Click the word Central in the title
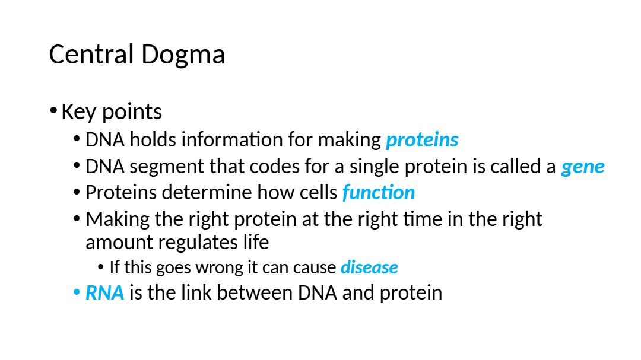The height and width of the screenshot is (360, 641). (91, 54)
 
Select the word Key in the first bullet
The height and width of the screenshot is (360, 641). (79, 112)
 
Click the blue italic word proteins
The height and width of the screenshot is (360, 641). (423, 141)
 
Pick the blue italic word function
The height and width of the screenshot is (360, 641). (379, 193)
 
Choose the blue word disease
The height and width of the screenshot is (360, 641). (370, 267)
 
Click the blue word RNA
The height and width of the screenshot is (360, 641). (104, 293)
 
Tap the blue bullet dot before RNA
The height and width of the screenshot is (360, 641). (77, 293)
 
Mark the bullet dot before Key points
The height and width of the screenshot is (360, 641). (53, 111)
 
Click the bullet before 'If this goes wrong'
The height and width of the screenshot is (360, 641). (100, 268)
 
